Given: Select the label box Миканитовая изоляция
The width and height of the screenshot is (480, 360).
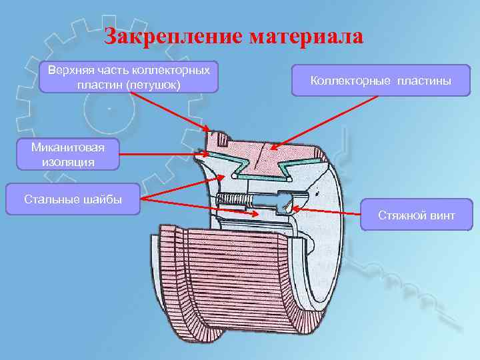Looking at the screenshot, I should click(x=63, y=154).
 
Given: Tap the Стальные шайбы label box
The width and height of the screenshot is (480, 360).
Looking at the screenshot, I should click(x=73, y=199).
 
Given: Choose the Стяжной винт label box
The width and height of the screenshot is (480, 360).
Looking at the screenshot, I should click(x=417, y=215).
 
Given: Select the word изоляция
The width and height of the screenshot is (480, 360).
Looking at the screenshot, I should click(x=63, y=161).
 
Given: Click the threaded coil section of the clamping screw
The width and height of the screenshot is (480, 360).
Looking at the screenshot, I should click(x=233, y=199).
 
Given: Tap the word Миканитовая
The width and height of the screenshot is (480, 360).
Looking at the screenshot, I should click(x=63, y=147).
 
